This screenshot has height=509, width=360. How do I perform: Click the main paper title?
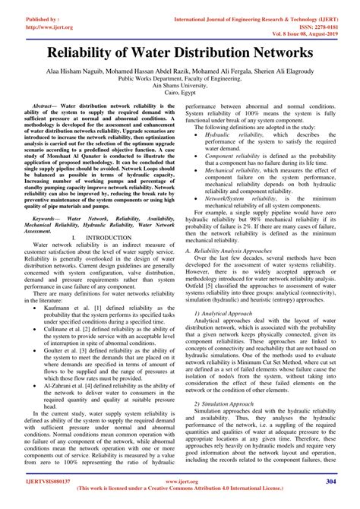click(x=180, y=55)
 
